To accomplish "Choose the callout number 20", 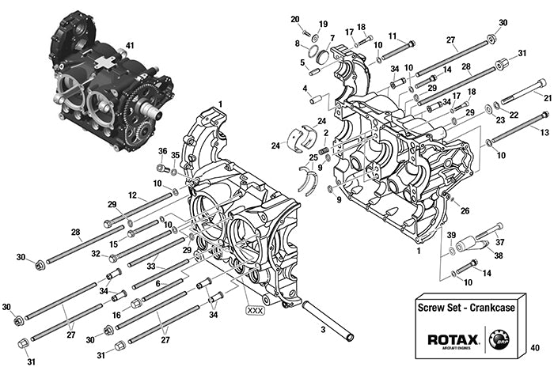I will [294, 19].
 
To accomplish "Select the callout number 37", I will [499, 243].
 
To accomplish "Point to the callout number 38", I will [497, 255].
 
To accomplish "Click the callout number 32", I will [95, 254].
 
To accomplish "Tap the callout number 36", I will [162, 151].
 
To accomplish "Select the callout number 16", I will [116, 315].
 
